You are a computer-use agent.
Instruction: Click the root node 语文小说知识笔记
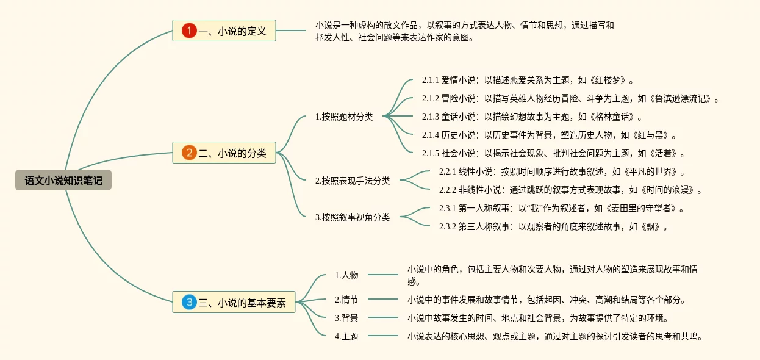[63, 180]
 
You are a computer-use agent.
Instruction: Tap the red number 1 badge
[189, 31]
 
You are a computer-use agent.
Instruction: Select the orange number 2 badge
[189, 153]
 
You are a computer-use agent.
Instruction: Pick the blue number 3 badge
[189, 302]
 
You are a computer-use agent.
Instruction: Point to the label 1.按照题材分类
[343, 117]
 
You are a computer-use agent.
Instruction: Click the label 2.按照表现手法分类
[352, 181]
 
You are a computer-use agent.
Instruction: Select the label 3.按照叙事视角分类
[352, 217]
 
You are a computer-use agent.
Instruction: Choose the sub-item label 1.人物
[346, 275]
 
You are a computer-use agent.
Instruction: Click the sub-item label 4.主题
[346, 336]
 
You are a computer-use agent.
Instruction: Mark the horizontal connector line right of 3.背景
[383, 318]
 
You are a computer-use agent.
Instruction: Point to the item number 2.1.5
[431, 153]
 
